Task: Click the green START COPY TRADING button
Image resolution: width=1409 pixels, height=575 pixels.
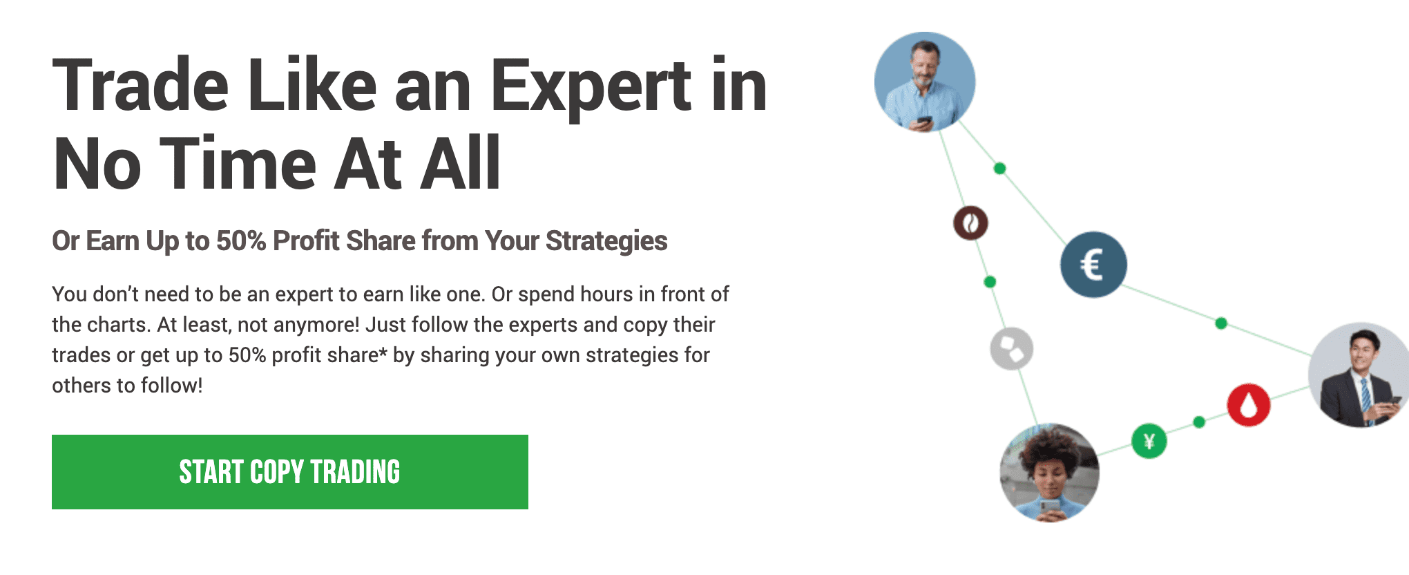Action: tap(290, 472)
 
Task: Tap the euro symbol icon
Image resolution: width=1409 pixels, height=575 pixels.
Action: tap(1093, 265)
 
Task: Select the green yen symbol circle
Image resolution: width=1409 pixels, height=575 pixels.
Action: tap(1149, 441)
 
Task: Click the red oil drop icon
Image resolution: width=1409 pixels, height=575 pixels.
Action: tap(1249, 404)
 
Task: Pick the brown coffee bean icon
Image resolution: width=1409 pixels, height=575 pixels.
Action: tap(970, 223)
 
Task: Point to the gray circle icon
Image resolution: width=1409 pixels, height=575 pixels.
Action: tap(1012, 349)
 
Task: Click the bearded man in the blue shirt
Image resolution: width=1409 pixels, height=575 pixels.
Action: tap(925, 82)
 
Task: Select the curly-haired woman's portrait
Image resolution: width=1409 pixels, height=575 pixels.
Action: tap(1050, 473)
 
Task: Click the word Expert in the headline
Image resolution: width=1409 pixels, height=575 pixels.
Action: tap(591, 87)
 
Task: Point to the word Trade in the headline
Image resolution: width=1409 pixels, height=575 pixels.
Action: tap(140, 86)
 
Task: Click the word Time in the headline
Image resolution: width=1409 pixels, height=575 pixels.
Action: tap(238, 164)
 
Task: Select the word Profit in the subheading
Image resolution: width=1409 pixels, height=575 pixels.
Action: tap(307, 241)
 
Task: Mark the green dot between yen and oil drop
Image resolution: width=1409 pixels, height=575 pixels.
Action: tap(1199, 422)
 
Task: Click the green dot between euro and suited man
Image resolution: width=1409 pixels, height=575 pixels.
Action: tap(1221, 323)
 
